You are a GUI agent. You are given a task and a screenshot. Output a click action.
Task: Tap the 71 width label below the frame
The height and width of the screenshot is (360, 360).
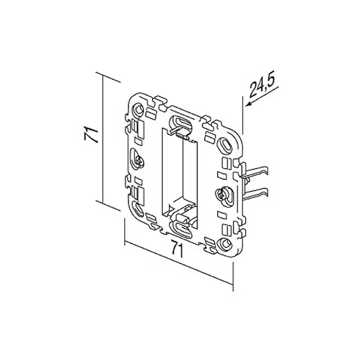[177, 248]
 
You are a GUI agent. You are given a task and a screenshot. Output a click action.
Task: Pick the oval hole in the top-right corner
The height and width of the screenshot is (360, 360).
[224, 144]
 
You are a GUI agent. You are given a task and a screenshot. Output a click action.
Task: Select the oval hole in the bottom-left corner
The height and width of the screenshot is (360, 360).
[138, 209]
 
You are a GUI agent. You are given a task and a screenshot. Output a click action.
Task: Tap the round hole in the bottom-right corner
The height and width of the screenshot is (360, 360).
[224, 244]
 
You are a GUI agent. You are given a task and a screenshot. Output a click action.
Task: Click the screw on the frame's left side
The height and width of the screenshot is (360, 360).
[139, 161]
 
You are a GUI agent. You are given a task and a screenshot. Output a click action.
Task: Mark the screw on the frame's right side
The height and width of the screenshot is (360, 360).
[221, 194]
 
